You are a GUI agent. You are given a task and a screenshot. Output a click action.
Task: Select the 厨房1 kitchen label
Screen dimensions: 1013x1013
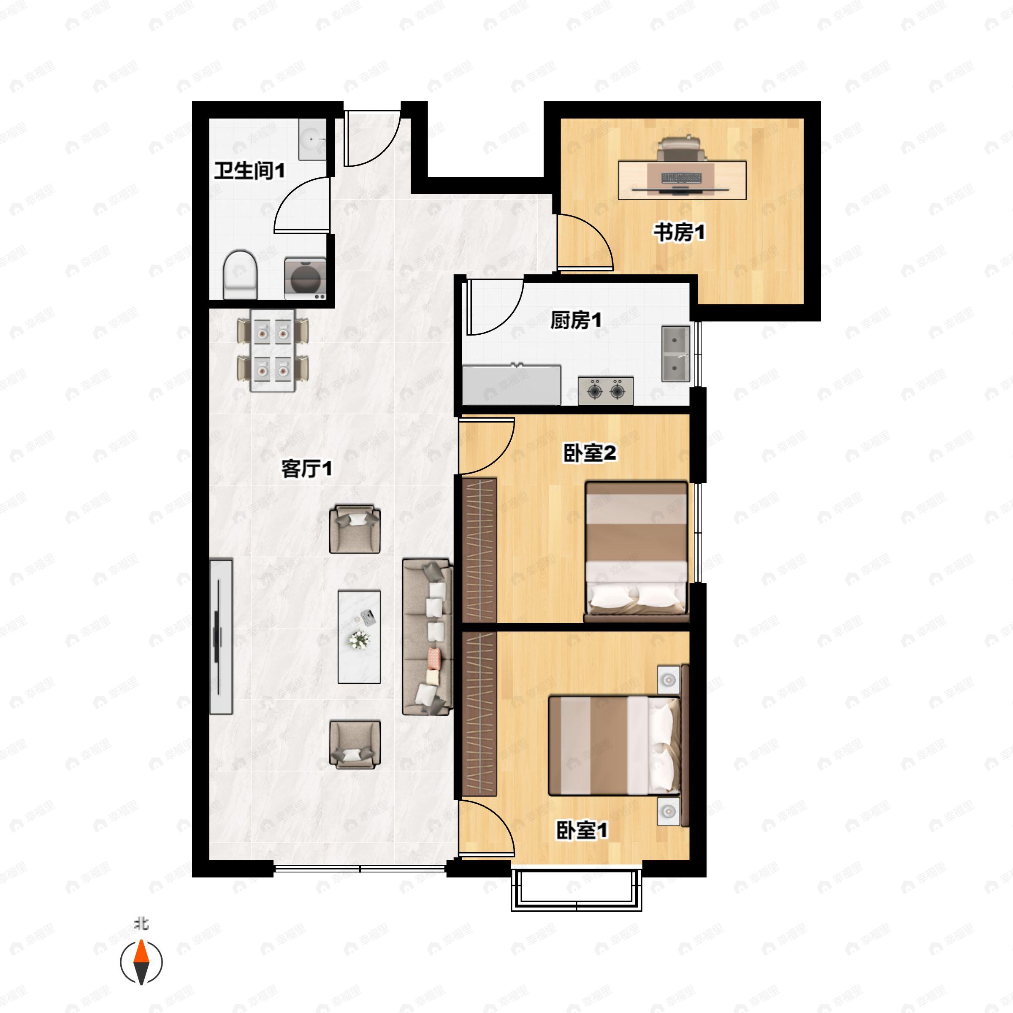576,320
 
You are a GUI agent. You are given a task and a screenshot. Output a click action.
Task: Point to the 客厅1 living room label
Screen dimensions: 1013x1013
307,468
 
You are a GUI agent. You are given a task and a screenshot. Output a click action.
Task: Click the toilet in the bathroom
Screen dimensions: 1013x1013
240,275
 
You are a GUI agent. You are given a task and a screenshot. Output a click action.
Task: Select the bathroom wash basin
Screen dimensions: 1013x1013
312,139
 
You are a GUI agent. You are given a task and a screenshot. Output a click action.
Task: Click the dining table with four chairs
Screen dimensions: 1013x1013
273,350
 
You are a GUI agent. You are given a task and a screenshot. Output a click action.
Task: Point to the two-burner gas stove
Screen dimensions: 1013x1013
606,390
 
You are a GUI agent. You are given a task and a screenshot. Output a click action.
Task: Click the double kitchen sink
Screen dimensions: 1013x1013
675,354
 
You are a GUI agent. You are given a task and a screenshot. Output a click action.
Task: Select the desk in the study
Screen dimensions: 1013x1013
682,180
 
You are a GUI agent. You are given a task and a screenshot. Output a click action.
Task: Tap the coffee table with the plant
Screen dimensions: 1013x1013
359,637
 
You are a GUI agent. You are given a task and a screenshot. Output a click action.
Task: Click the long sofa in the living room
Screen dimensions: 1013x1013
427,637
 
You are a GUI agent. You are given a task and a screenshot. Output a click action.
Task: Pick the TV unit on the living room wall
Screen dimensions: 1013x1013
221,637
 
